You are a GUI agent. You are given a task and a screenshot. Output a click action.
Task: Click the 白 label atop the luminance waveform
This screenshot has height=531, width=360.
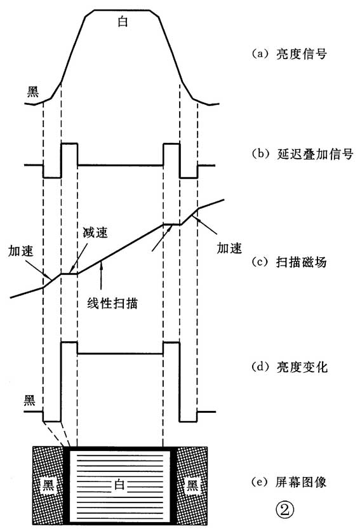tap(123, 21)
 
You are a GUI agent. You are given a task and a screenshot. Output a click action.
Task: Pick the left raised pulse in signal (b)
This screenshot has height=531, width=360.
tap(69, 154)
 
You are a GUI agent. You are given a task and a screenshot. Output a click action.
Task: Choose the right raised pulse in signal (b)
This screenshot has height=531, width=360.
tap(171, 154)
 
